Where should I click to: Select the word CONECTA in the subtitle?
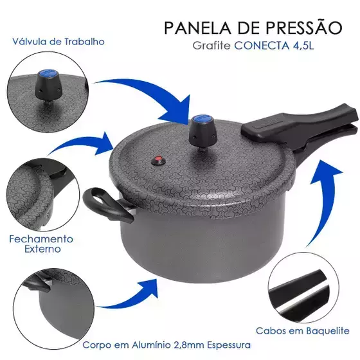tap(262, 46)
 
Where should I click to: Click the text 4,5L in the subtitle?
tap(303, 46)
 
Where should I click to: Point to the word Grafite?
tap(212, 46)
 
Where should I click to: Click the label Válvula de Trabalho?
tap(59, 42)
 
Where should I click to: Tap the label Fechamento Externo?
tap(41, 244)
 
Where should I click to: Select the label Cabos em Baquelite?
tap(302, 331)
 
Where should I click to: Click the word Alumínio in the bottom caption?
tap(150, 345)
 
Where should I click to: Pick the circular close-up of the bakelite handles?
tap(303, 287)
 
